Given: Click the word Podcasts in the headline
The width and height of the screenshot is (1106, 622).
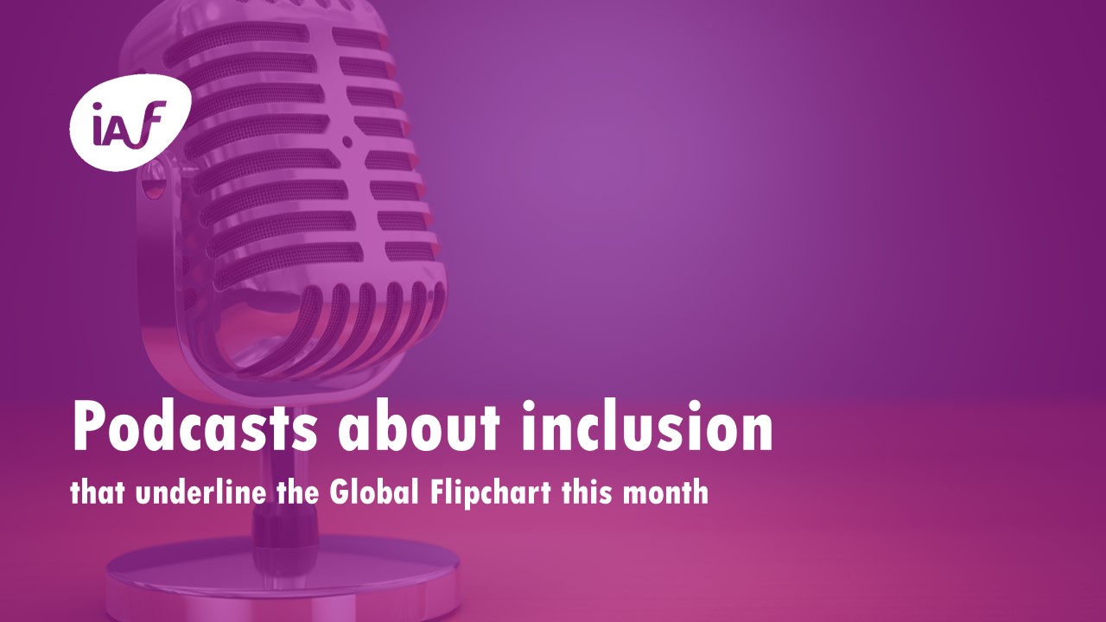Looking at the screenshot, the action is coord(194,426).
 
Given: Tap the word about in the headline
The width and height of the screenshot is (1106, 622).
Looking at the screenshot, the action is coord(419,426).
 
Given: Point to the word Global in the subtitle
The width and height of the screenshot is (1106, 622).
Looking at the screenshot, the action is coord(374,492).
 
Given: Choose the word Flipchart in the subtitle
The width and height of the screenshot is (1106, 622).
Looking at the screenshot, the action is coord(490,493).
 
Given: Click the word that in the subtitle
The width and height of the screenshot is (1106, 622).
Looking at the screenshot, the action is coord(97,492).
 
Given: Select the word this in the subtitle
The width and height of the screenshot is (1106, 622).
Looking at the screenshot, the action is coord(586,492).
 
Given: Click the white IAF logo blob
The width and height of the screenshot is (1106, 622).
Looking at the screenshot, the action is coord(130,124).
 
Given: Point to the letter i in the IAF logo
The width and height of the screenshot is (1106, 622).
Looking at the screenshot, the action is coord(99,124).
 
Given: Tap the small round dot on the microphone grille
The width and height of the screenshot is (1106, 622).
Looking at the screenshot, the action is coord(347,143).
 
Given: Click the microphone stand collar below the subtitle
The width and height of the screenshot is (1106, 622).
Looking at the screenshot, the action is coord(284,528).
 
